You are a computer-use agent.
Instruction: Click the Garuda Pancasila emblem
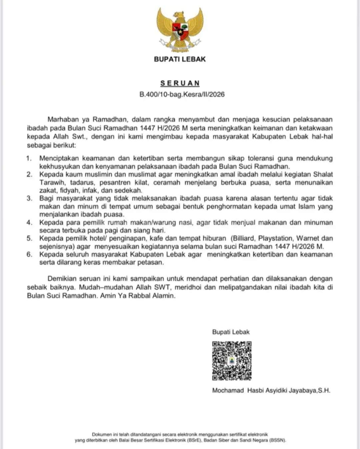[x=180, y=30]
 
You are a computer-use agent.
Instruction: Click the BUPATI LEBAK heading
[x=180, y=59]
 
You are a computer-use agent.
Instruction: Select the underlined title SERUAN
[x=180, y=83]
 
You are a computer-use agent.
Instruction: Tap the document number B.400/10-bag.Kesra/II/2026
[x=182, y=94]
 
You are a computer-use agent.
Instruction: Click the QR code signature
[x=232, y=361]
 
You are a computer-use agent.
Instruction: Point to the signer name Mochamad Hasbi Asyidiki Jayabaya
[x=271, y=390]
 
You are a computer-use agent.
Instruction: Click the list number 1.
[x=29, y=158]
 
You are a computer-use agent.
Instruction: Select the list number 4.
[x=29, y=222]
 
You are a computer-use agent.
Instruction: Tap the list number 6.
[x=29, y=254]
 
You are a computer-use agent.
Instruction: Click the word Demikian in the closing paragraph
[x=62, y=278]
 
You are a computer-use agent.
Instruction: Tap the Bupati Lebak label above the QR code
[x=231, y=332]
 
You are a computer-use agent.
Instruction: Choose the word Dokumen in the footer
[x=102, y=434]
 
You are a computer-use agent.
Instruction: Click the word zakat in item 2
[x=48, y=190]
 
